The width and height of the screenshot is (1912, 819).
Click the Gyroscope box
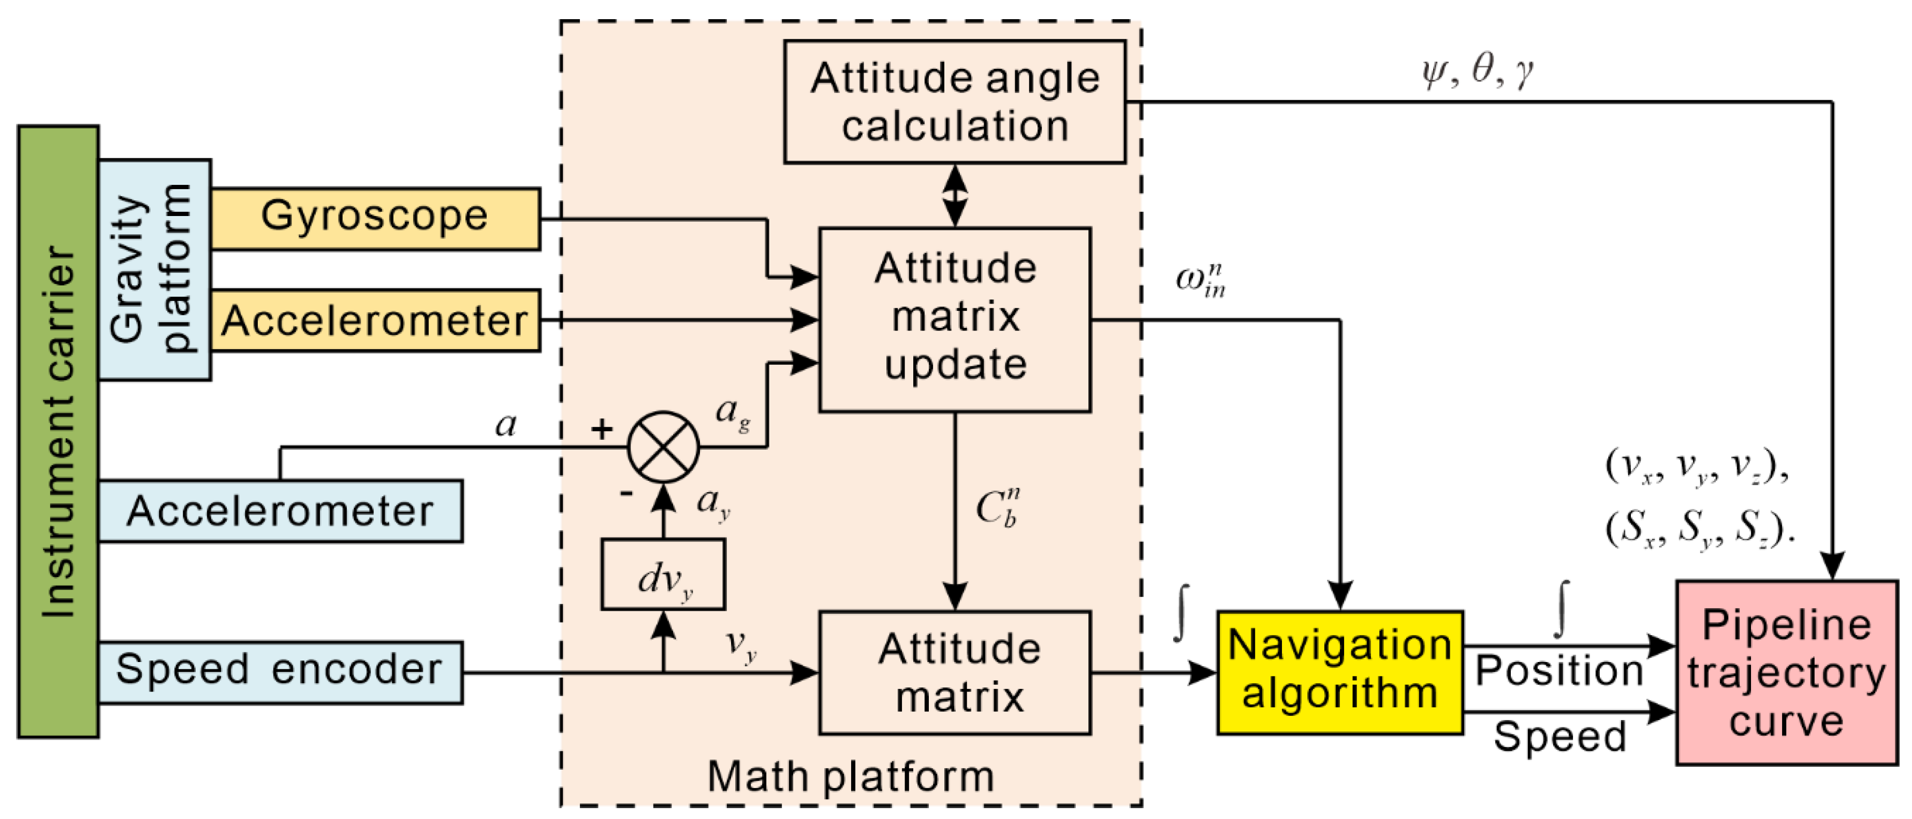coord(375,218)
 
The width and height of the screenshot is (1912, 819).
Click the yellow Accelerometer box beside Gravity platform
coord(375,321)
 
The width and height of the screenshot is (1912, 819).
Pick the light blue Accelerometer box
coord(280,511)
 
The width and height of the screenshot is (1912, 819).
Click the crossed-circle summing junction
coord(663,447)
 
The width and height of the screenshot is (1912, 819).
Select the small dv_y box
coord(663,574)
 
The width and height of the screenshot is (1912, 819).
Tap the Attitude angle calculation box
coord(955,102)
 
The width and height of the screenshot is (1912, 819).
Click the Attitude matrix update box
coord(955,319)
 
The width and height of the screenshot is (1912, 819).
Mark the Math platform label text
coord(851,777)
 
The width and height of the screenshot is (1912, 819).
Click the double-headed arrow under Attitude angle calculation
coord(955,195)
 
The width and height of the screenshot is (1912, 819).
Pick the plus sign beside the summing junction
coord(602,428)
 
